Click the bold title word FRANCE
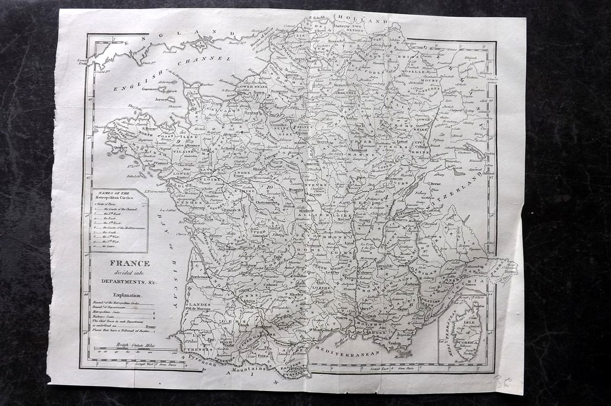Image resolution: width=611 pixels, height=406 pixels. [x=129, y=263]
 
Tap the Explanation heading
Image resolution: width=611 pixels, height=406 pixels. [x=128, y=296]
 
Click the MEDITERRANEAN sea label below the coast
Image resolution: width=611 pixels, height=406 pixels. [x=347, y=352]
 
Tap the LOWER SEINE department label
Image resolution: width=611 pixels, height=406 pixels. [x=252, y=87]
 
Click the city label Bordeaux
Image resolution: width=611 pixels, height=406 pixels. [x=199, y=276]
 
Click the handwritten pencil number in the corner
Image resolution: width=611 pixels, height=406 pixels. [x=502, y=382]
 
